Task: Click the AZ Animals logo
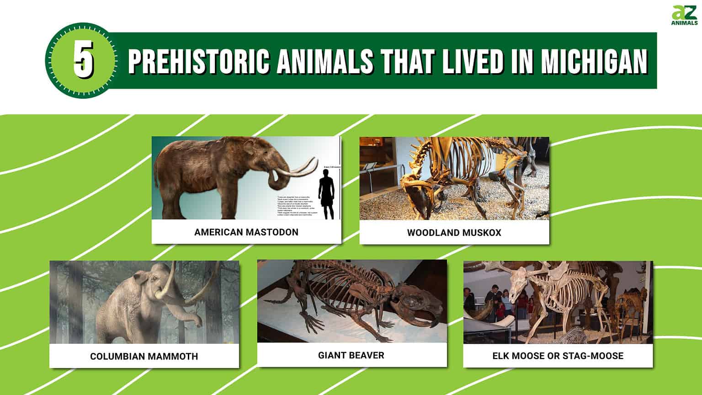pos(684,16)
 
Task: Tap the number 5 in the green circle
pos(84,61)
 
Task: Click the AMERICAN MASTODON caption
pos(246,232)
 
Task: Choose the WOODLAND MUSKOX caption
pos(454,233)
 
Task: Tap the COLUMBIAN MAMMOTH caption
pos(144,356)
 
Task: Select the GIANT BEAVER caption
pos(351,355)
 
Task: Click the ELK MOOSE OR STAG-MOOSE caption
pos(558,356)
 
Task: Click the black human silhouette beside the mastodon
pos(326,197)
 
